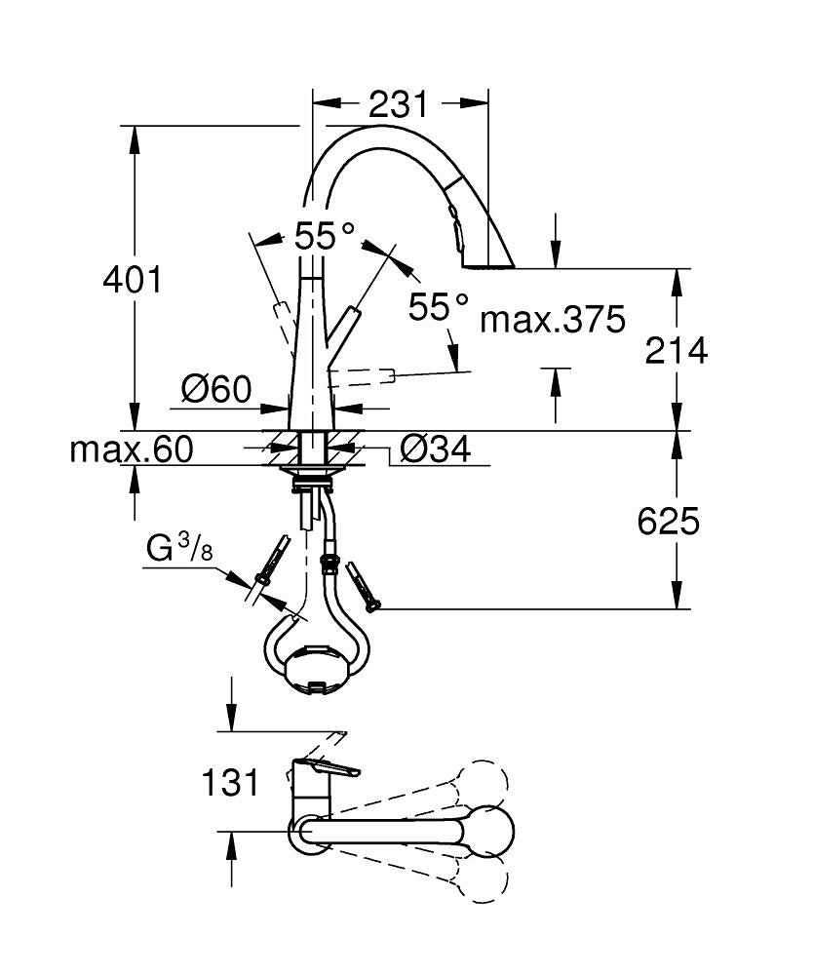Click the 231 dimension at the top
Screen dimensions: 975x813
(x=400, y=103)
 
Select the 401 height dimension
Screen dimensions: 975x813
(x=132, y=281)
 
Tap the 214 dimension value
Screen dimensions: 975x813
(x=676, y=350)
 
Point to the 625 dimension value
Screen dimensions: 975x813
(x=668, y=523)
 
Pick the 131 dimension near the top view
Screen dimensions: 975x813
(x=230, y=781)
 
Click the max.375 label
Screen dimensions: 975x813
(x=552, y=319)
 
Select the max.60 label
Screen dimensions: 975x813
(x=132, y=449)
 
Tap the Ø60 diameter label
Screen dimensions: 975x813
(x=215, y=391)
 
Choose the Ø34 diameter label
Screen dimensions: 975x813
(x=436, y=449)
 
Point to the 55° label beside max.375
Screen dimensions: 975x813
(x=438, y=308)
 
